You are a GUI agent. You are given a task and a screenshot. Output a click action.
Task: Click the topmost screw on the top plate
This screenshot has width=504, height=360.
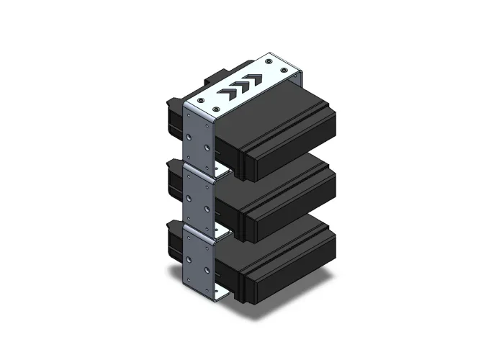269,62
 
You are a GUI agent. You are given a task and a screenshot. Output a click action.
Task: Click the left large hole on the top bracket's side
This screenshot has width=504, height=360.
190,134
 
